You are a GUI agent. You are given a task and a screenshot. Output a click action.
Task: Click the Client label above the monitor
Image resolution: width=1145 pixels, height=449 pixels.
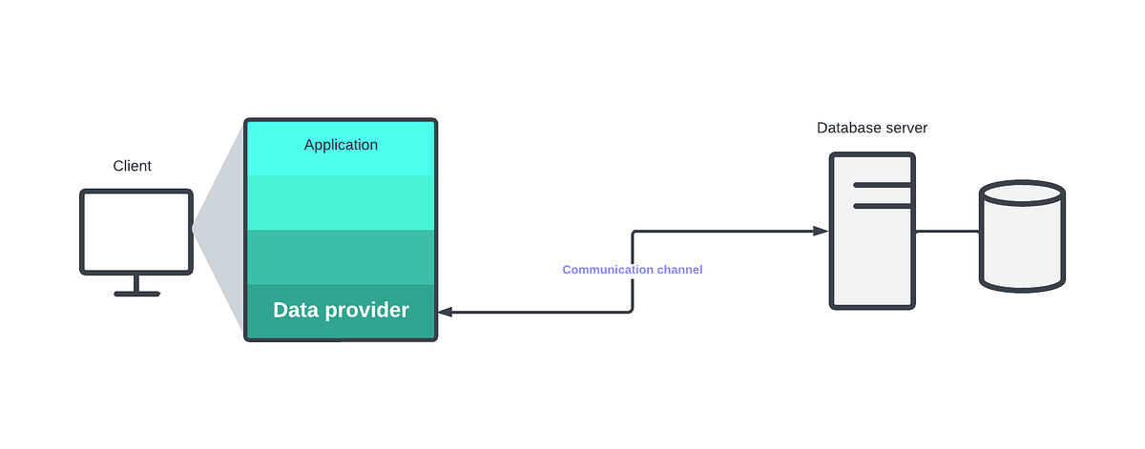coord(132,166)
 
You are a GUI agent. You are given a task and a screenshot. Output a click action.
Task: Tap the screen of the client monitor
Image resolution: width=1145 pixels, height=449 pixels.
coord(136,232)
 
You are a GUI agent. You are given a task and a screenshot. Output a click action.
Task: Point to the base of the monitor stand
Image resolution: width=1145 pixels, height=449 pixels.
coord(136,294)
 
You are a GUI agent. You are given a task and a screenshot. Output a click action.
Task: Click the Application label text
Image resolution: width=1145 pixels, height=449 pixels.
coord(341,145)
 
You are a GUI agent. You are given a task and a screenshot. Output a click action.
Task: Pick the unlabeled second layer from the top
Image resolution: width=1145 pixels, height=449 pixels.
coord(341,202)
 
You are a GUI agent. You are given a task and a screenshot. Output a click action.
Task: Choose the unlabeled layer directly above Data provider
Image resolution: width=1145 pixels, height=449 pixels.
coord(341,257)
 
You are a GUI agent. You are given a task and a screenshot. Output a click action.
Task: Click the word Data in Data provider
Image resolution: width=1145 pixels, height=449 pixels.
coord(296,310)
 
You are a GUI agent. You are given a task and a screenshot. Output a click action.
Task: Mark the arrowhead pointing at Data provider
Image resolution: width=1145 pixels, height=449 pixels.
coord(446,312)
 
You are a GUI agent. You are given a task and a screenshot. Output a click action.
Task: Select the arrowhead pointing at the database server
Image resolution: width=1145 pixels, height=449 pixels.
coord(820,231)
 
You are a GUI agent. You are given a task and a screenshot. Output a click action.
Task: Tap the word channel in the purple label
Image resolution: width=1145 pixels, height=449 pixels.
coord(680,270)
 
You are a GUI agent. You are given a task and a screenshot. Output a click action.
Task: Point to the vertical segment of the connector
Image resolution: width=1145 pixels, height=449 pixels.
coord(633,272)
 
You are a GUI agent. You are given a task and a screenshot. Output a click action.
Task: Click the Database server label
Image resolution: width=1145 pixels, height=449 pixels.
coord(871,128)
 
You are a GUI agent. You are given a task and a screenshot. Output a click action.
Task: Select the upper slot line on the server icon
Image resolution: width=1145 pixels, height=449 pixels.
coord(883,185)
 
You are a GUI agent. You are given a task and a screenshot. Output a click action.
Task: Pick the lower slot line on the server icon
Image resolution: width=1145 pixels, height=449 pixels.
coord(883,205)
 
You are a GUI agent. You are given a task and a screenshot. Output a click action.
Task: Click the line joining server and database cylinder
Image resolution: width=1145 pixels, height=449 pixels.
coord(947,231)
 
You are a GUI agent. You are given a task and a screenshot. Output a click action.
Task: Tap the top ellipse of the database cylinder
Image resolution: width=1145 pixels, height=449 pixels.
coord(1022,194)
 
